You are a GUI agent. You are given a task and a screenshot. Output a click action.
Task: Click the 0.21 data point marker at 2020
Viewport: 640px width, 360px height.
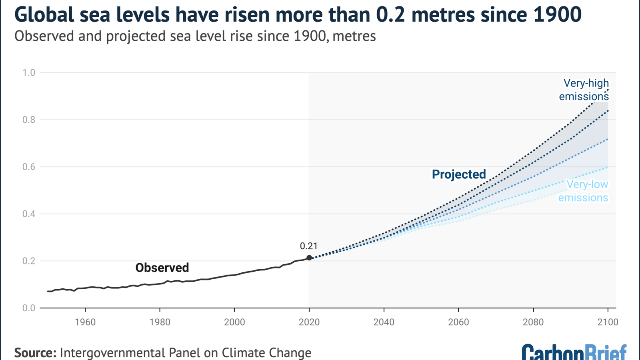pyautogui.click(x=309, y=258)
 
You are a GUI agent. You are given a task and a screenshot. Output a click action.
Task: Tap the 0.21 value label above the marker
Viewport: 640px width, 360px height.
pyautogui.click(x=308, y=246)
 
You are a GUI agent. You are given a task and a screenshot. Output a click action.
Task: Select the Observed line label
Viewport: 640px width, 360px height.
pyautogui.click(x=162, y=268)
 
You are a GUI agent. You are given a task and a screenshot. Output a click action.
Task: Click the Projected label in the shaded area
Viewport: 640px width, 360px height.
pyautogui.click(x=458, y=174)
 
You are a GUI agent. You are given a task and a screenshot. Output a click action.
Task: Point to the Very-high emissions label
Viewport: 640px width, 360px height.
pyautogui.click(x=584, y=90)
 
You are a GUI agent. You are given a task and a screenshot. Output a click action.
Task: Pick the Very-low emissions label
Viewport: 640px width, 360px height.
pyautogui.click(x=583, y=191)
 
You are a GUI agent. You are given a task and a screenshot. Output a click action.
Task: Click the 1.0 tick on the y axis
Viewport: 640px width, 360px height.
pyautogui.click(x=29, y=72)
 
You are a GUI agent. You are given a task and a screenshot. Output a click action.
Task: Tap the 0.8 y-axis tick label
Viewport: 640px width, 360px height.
pyautogui.click(x=29, y=120)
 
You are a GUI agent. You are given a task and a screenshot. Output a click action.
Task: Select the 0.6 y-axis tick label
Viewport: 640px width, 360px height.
pyautogui.click(x=29, y=167)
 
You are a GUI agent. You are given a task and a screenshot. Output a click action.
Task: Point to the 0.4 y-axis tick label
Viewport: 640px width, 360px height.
pyautogui.click(x=29, y=214)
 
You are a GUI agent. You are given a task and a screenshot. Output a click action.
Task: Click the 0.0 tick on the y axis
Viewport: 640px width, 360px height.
pyautogui.click(x=29, y=308)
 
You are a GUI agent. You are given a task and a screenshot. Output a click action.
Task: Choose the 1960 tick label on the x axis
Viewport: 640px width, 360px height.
pyautogui.click(x=85, y=322)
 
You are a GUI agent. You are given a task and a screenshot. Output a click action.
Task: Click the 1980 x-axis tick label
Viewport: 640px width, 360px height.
pyautogui.click(x=160, y=322)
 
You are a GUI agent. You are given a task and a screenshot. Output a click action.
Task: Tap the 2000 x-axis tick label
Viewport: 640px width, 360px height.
pyautogui.click(x=234, y=322)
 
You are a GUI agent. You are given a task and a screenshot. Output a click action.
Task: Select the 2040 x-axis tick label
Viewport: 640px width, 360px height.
pyautogui.click(x=384, y=322)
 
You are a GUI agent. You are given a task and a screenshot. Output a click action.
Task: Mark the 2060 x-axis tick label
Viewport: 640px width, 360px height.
pyautogui.click(x=458, y=322)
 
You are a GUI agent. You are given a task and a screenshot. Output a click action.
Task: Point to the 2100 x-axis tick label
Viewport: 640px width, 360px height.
pyautogui.click(x=608, y=322)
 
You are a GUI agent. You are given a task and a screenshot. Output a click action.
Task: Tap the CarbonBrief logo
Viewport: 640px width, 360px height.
pyautogui.click(x=574, y=352)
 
